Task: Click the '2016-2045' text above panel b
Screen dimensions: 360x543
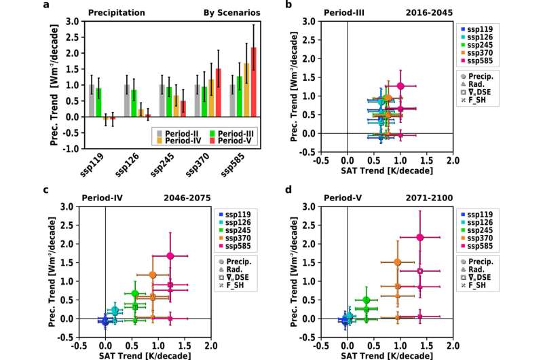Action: tap(430, 12)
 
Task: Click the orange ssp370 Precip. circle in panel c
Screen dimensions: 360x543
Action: tap(153, 274)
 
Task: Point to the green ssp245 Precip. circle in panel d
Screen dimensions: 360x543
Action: tap(367, 300)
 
